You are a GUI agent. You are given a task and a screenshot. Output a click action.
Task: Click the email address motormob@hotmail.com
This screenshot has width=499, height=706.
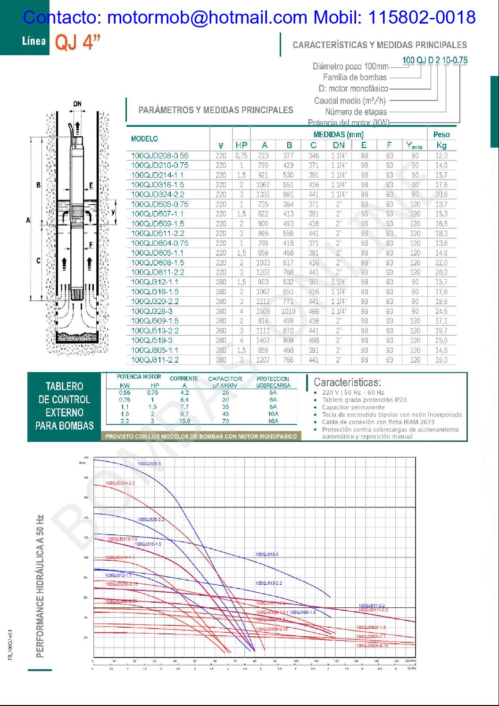[208, 17]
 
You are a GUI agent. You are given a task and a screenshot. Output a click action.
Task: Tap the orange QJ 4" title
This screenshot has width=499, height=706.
[78, 42]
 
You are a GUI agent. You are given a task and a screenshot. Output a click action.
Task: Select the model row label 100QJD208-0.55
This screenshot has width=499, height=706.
[159, 156]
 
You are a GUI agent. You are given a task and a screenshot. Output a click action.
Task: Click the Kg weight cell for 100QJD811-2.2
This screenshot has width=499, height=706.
[441, 272]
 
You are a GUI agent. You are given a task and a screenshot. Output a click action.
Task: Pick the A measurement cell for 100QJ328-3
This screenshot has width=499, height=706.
[263, 311]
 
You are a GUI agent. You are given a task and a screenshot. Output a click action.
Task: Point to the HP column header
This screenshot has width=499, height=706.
[241, 145]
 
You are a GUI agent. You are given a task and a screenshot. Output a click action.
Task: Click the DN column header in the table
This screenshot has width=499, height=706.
[339, 145]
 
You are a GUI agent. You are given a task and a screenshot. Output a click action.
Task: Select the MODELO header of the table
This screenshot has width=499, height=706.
[144, 139]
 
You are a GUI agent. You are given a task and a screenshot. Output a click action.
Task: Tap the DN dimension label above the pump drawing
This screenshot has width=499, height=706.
[77, 104]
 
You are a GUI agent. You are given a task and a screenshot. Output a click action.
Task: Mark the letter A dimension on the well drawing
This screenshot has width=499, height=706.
[28, 220]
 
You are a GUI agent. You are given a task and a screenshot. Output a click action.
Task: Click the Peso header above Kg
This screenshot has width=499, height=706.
[441, 134]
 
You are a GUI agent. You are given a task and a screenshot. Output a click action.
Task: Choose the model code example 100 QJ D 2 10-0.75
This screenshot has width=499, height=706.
[434, 60]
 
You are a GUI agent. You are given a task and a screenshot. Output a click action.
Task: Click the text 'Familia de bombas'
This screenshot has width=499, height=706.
[355, 77]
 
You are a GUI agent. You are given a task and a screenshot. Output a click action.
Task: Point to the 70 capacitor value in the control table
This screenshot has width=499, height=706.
[225, 421]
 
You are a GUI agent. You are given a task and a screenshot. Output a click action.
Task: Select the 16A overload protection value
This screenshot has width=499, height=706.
[273, 421]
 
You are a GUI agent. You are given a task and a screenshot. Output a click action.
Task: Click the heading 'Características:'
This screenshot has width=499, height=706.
[347, 382]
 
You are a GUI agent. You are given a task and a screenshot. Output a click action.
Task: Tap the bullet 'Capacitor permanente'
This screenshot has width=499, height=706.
[353, 407]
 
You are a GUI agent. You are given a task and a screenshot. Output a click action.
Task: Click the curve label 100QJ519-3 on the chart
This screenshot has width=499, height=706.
[267, 554]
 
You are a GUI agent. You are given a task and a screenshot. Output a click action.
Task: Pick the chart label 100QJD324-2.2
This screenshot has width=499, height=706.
[120, 483]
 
